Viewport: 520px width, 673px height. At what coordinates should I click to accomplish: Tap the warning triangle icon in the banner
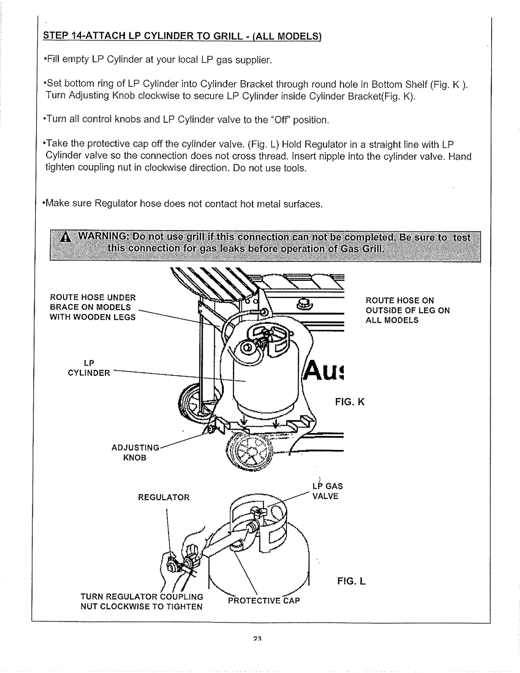(x=65, y=238)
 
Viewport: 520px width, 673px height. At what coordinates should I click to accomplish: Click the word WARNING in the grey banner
(x=96, y=237)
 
